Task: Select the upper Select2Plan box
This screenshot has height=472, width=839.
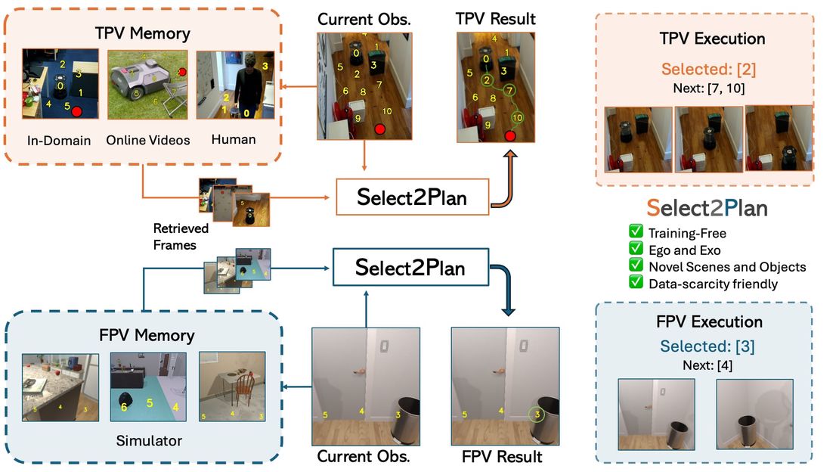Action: [412, 198]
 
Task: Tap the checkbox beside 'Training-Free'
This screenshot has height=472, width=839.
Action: [635, 233]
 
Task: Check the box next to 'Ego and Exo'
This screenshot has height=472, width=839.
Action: [635, 250]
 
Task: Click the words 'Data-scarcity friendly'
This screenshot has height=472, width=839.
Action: [713, 284]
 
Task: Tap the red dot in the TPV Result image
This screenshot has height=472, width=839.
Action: [510, 136]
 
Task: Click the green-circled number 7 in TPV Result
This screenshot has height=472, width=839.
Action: [509, 91]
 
